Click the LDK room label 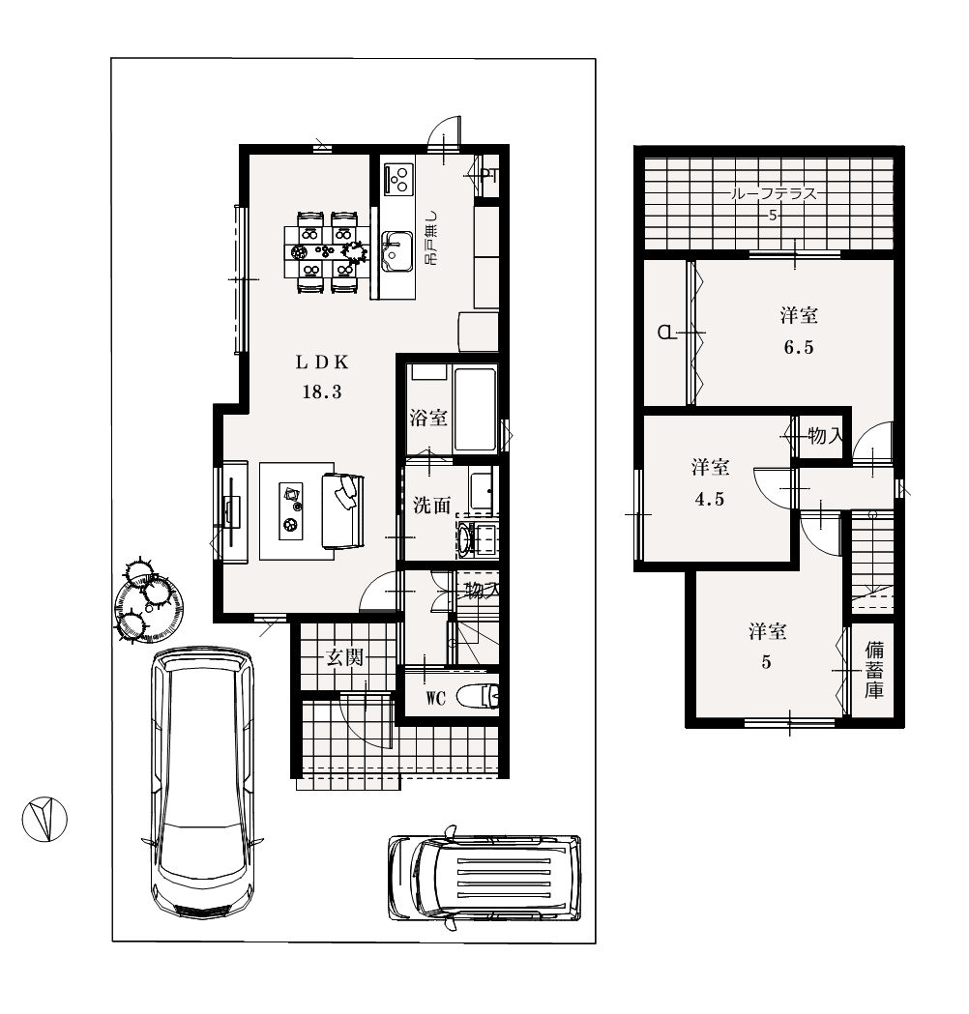coord(322,362)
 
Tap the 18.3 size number coord(322,391)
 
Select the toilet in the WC coord(478,697)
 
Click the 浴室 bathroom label coord(428,418)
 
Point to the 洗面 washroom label coord(432,505)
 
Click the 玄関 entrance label coord(345,658)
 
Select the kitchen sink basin coord(397,252)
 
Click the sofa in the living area coord(343,511)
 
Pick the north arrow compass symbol coord(44,820)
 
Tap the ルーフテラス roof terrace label coord(774,193)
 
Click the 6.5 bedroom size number coord(799,348)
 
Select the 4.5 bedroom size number coord(710,499)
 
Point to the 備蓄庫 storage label coord(874,669)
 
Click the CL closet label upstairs coord(666,333)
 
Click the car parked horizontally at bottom coord(484,878)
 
